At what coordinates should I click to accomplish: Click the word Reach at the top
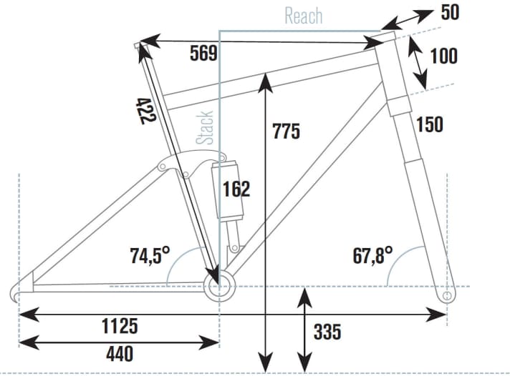303,16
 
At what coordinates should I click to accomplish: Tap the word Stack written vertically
206,127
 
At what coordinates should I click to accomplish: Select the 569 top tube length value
204,53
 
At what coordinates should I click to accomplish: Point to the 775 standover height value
287,132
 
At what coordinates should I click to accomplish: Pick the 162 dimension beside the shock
236,189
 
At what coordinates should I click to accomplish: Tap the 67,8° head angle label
373,254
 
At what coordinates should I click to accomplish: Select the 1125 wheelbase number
119,327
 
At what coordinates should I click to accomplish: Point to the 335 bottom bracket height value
327,332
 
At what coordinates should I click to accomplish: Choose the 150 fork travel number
429,124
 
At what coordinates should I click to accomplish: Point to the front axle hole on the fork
448,295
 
